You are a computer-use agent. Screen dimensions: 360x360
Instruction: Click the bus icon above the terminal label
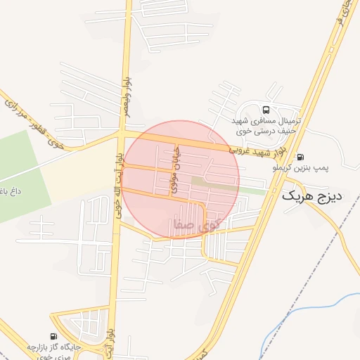[266, 110]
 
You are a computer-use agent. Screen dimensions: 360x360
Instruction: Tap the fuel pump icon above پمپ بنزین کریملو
[301, 157]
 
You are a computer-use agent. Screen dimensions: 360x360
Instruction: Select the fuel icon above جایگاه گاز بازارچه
[54, 336]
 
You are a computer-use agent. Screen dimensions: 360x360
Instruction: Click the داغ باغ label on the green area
[10, 191]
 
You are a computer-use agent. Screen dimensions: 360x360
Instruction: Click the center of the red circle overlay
[181, 179]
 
